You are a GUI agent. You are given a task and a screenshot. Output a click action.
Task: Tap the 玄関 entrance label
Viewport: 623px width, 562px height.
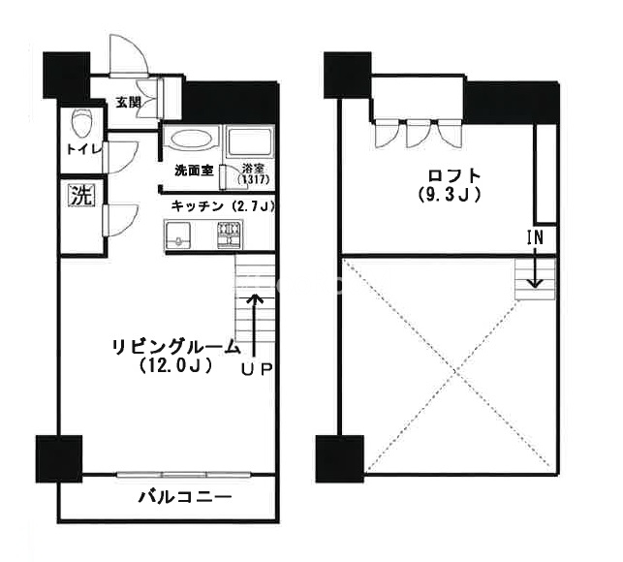[x=128, y=102]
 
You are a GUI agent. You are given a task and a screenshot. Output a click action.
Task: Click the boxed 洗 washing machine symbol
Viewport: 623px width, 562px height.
[x=82, y=195]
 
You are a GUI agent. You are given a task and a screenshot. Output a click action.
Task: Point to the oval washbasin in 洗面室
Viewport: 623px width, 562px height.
[x=192, y=140]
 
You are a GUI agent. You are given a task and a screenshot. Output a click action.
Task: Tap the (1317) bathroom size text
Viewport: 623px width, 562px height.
[x=254, y=179]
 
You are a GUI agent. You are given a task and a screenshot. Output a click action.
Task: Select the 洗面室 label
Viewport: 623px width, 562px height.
[x=195, y=171]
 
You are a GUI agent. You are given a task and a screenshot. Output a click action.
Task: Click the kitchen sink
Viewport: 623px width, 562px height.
[x=176, y=234]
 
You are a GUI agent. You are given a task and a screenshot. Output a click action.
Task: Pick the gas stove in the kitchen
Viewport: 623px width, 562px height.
[x=230, y=235]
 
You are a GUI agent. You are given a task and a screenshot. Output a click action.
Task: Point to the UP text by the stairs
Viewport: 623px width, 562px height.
[x=257, y=369]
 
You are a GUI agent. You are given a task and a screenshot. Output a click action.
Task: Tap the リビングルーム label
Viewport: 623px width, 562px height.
[x=176, y=348]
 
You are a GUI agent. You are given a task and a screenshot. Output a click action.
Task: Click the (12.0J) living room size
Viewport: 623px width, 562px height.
[x=175, y=365]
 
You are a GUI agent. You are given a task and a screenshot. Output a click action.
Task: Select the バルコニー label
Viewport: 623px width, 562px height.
[x=185, y=497]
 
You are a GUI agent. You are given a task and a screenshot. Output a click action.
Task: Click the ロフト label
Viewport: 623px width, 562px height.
[x=454, y=175]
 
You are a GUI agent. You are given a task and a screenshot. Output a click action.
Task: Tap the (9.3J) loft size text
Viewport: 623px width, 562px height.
[x=450, y=195]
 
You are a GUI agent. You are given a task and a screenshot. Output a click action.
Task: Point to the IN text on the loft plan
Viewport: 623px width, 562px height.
[x=535, y=237]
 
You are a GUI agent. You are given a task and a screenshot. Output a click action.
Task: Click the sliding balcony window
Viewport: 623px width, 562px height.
[x=184, y=475]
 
